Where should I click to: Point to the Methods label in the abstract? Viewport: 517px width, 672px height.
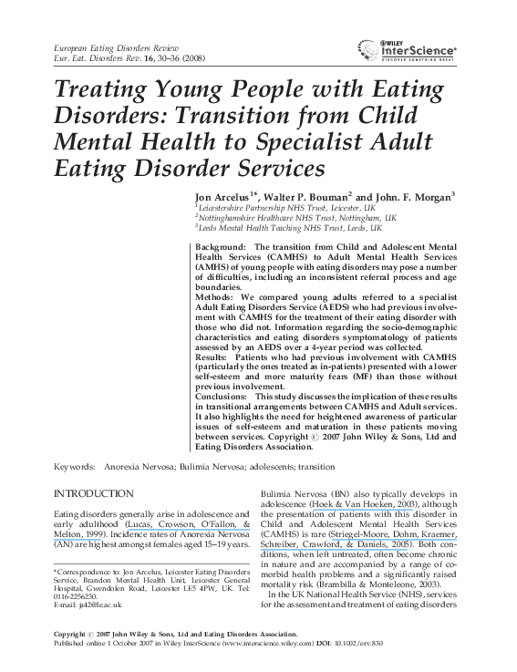coord(214,296)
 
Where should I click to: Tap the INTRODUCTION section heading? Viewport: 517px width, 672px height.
coord(95,493)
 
